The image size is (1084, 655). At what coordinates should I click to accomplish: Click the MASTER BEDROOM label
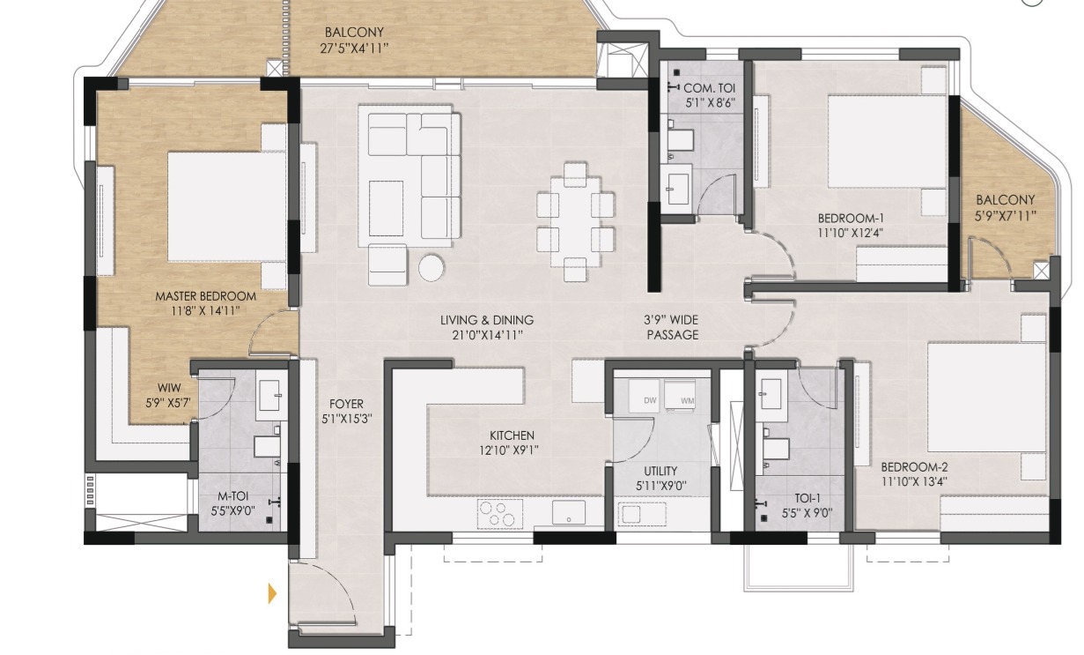coord(206,296)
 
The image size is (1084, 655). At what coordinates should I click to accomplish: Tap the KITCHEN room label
coord(512,435)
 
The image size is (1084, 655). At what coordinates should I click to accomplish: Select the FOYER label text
coord(346,404)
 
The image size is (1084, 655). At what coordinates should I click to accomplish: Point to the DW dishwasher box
coord(644,396)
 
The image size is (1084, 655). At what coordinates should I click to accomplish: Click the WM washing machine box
coord(681,396)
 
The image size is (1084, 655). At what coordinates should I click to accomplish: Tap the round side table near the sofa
coord(431,267)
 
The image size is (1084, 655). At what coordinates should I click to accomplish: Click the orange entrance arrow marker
coord(273,593)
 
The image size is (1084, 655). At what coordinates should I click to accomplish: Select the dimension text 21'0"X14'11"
coord(487,335)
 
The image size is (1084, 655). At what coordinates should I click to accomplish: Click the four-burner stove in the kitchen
coord(500,514)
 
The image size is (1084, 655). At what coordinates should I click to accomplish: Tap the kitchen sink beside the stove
coord(569,512)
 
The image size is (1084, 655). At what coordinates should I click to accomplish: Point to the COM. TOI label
coord(710,88)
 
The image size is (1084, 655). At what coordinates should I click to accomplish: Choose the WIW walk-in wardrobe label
coord(169,388)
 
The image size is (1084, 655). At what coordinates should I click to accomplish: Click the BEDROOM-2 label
coord(914,467)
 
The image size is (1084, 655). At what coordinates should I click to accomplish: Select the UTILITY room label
coord(660,471)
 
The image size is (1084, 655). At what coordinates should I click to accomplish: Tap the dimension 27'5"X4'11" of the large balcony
coord(354,48)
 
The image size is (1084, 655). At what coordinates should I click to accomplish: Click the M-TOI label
coord(232,496)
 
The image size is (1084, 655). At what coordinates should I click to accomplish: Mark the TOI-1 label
coord(807,498)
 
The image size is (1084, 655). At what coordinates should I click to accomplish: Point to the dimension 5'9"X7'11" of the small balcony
coord(1006,215)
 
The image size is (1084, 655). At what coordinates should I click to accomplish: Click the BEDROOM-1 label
coord(851,218)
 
